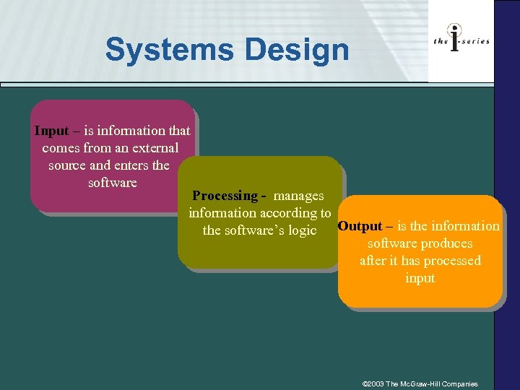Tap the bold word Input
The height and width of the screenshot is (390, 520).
click(x=51, y=131)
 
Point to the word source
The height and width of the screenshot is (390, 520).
click(x=69, y=165)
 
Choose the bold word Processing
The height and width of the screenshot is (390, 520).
click(x=225, y=196)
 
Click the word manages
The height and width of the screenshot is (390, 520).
click(x=299, y=196)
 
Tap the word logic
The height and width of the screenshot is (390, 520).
click(x=302, y=230)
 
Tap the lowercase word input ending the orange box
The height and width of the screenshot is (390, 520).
click(x=420, y=278)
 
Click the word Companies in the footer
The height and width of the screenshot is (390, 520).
click(x=460, y=383)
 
